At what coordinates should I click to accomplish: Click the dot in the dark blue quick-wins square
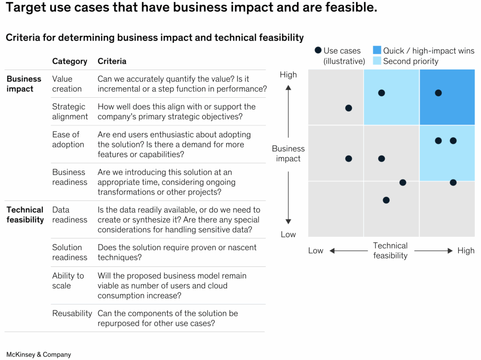pos(438,93)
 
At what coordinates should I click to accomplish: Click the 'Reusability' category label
pos(72,313)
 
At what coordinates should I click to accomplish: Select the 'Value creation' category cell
pos(67,84)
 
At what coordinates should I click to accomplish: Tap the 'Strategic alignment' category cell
pos(70,111)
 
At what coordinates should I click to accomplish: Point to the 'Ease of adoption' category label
pos(68,139)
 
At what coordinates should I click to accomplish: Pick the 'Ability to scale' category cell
pos(68,281)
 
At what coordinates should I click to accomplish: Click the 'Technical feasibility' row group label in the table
pos(25,214)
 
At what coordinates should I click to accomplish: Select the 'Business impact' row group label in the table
pos(24,84)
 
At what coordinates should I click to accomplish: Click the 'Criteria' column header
pos(112,61)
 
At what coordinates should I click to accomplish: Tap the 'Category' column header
pos(70,62)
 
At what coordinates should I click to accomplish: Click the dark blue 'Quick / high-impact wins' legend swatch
pos(377,50)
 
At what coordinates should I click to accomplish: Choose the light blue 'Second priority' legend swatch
pos(377,61)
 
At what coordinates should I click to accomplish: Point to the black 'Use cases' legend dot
pos(318,50)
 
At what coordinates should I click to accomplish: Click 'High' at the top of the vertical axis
pos(288,75)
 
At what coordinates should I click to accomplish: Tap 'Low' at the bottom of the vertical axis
pos(288,235)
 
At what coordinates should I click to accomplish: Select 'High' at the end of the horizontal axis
pos(466,251)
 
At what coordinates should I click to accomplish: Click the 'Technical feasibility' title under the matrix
pos(390,250)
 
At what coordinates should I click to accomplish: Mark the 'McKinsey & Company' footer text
pos(39,354)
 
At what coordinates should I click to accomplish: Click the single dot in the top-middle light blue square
pos(381,93)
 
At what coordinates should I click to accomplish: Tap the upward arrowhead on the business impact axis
pos(288,88)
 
